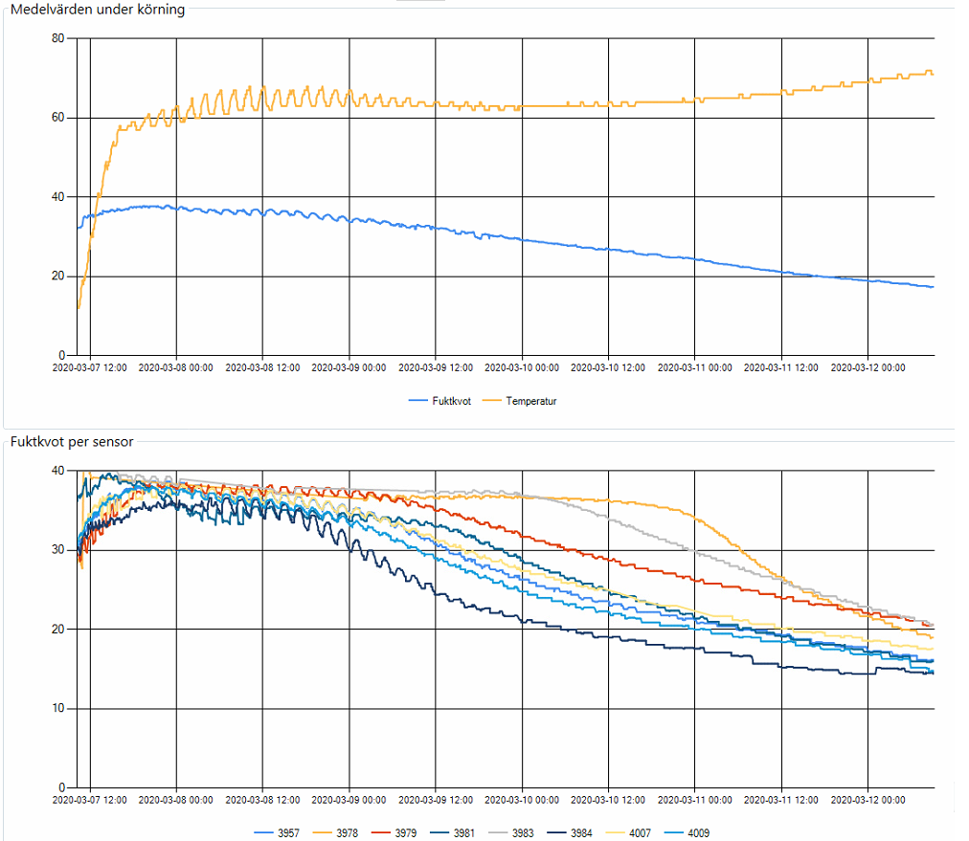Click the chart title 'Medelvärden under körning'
click(98, 10)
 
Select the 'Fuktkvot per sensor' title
click(72, 442)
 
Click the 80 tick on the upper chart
click(58, 38)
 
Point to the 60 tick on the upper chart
click(58, 118)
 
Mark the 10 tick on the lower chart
click(58, 708)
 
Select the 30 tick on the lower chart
click(58, 550)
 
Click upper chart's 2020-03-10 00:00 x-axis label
click(522, 366)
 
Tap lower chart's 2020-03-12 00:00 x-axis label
click(868, 799)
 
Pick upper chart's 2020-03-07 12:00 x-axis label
click(89, 366)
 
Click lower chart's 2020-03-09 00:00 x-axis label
click(349, 799)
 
